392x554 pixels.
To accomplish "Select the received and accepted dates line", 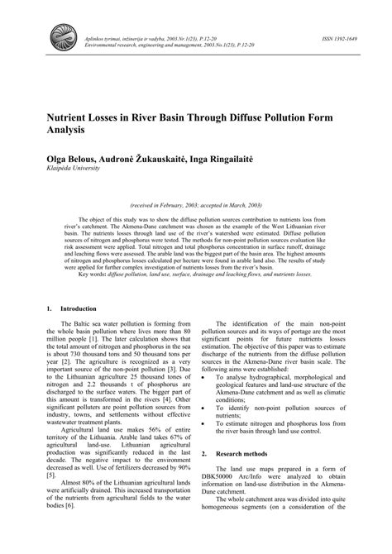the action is pos(195,203).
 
